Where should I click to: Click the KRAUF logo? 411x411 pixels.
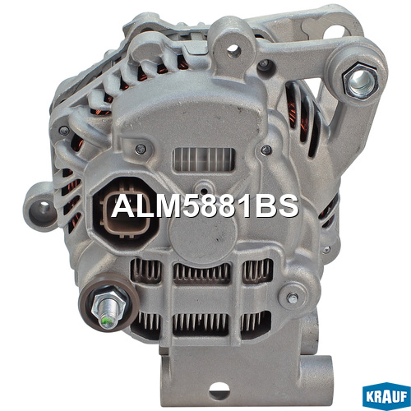tap(386, 396)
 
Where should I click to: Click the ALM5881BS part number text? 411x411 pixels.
tap(205, 206)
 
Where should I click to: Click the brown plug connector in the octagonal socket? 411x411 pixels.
tap(125, 212)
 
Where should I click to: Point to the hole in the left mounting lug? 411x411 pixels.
tap(44, 207)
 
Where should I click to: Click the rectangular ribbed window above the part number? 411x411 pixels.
tap(204, 160)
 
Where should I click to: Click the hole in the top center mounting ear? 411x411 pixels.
tap(233, 50)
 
